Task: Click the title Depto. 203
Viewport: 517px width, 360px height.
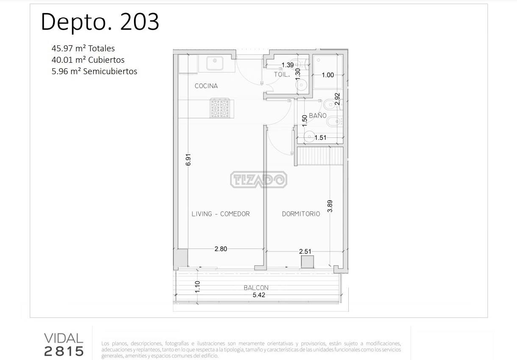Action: pyautogui.click(x=100, y=22)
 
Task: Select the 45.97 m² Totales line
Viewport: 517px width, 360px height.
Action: pyautogui.click(x=83, y=48)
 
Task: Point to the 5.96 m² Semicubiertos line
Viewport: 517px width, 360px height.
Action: pyautogui.click(x=94, y=71)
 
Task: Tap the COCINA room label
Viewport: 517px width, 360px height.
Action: pyautogui.click(x=206, y=86)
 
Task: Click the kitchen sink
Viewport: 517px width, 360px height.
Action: pyautogui.click(x=215, y=63)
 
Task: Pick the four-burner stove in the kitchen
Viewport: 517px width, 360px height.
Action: pyautogui.click(x=220, y=108)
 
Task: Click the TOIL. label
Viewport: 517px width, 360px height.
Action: pyautogui.click(x=282, y=74)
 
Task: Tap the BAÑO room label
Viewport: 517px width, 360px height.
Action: pyautogui.click(x=317, y=115)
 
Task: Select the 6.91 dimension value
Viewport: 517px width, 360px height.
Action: pyautogui.click(x=188, y=159)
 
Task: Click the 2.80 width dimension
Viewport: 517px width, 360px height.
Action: pyautogui.click(x=221, y=249)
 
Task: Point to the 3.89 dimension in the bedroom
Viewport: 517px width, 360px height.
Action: pyautogui.click(x=330, y=206)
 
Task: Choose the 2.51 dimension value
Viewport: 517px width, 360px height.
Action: pyautogui.click(x=305, y=251)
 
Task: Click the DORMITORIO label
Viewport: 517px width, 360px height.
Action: pyautogui.click(x=301, y=214)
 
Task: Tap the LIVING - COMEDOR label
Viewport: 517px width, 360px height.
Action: pyautogui.click(x=221, y=214)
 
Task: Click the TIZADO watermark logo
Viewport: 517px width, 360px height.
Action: pyautogui.click(x=259, y=179)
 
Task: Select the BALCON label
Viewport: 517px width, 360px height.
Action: pyautogui.click(x=256, y=288)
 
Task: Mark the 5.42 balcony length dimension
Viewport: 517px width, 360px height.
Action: pyautogui.click(x=259, y=295)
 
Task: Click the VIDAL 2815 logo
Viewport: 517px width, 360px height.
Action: pyautogui.click(x=64, y=345)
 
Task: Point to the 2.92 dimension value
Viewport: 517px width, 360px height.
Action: pyautogui.click(x=337, y=99)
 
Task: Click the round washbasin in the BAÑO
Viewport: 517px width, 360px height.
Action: pyautogui.click(x=309, y=137)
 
